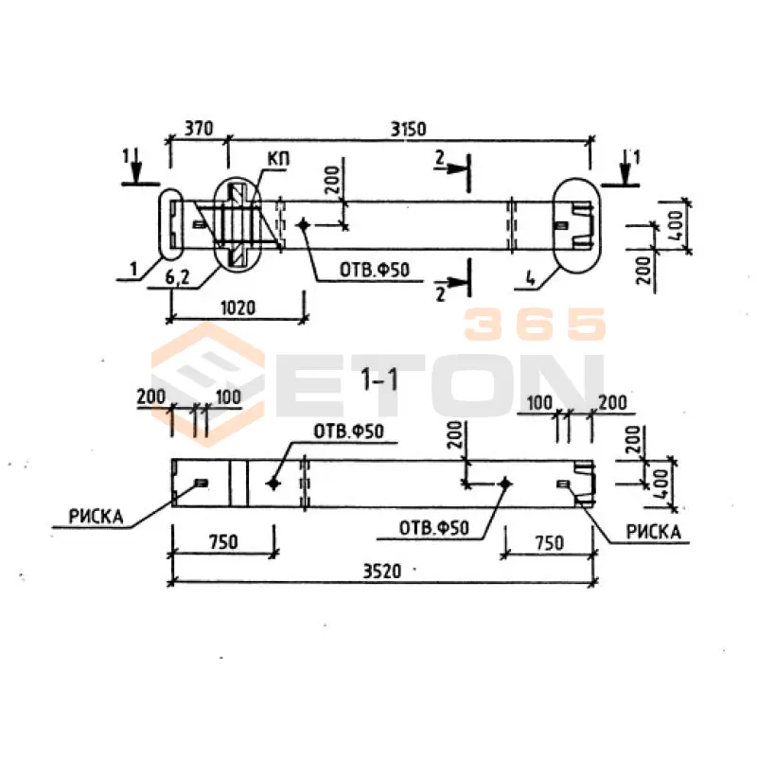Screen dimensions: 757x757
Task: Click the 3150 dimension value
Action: [408, 130]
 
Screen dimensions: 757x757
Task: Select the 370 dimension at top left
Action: [199, 129]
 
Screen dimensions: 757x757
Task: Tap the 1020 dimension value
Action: [238, 308]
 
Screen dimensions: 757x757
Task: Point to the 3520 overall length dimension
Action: [382, 572]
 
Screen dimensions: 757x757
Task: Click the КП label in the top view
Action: [278, 159]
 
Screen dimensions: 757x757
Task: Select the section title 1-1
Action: [379, 379]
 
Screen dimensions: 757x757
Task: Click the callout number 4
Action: [530, 279]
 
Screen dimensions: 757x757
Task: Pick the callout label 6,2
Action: [177, 277]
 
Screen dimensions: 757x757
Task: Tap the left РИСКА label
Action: [97, 517]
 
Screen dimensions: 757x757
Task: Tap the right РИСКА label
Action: [653, 532]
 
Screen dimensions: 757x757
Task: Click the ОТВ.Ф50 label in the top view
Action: [375, 270]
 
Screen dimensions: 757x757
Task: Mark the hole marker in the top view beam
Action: [303, 224]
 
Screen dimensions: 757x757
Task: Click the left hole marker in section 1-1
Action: [273, 484]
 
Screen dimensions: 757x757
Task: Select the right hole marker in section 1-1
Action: [505, 484]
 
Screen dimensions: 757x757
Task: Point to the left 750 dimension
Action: [223, 542]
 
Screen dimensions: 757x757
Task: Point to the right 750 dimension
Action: [550, 543]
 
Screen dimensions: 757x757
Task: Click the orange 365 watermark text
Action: [535, 324]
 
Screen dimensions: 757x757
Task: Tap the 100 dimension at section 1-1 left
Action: [228, 396]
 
